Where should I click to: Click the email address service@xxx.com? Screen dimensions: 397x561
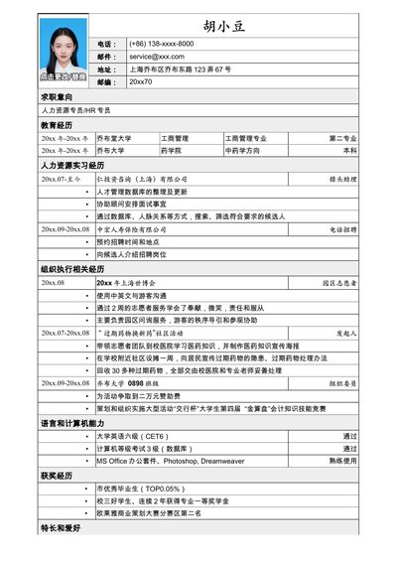(x=157, y=57)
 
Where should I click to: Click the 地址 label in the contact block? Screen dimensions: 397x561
(x=108, y=70)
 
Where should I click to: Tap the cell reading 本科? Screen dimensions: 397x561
(x=348, y=151)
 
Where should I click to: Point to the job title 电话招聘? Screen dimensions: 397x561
(x=340, y=228)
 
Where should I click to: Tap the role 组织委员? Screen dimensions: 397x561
(x=340, y=382)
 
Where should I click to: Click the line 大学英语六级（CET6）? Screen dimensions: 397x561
(x=132, y=436)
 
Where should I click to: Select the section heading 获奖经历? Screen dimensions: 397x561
(x=57, y=476)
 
